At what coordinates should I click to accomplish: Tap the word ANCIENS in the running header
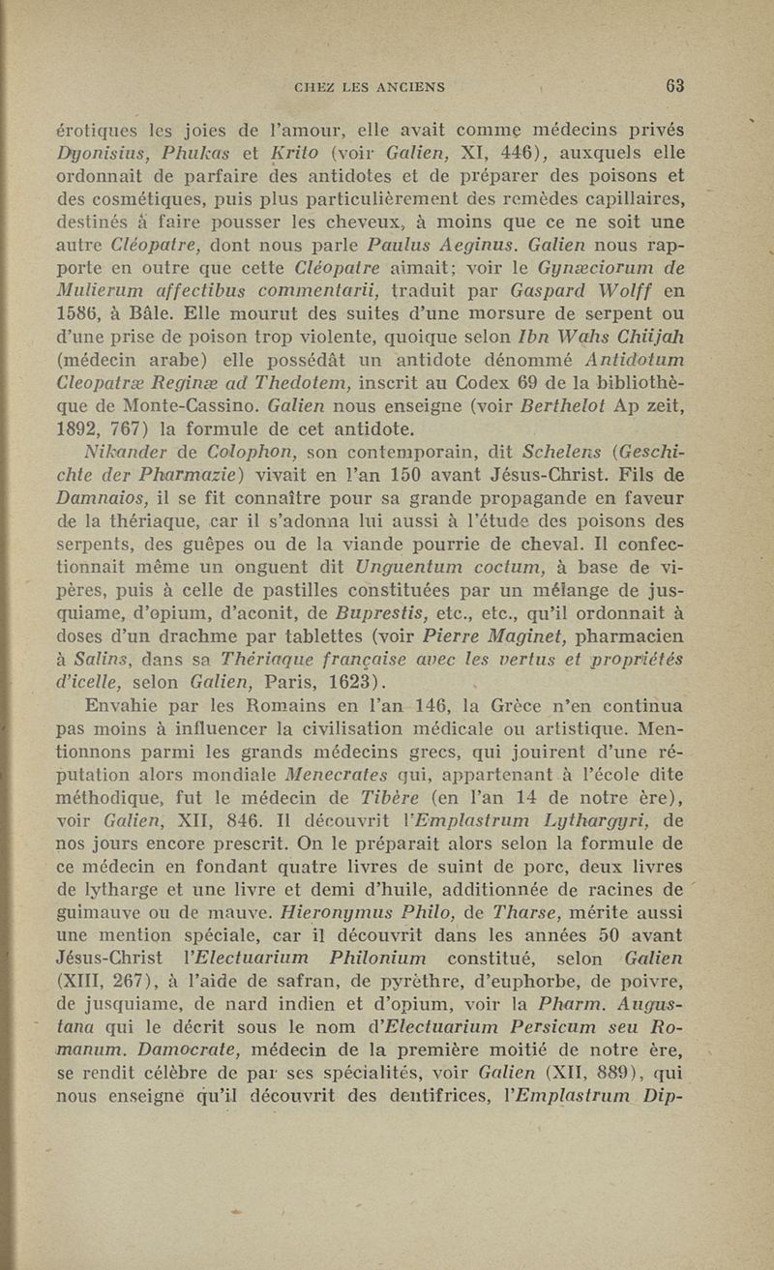pyautogui.click(x=403, y=87)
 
